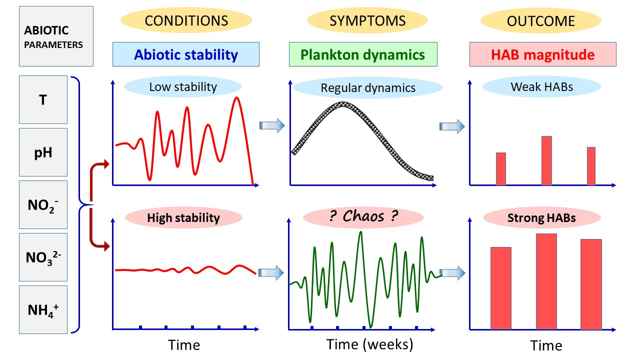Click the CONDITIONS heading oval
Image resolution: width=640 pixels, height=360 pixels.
(x=186, y=20)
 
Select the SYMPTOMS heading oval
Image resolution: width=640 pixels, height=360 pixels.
(x=367, y=20)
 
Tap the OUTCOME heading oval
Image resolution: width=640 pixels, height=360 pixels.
(x=541, y=20)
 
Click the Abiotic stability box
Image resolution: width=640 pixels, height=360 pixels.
(x=186, y=54)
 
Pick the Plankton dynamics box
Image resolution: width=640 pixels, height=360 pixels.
(x=363, y=54)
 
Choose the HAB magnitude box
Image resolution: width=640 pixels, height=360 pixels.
(x=543, y=54)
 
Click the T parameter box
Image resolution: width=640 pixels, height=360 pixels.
(x=43, y=99)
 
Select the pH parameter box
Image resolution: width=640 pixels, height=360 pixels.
(x=43, y=152)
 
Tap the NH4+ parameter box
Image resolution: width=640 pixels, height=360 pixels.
(x=43, y=309)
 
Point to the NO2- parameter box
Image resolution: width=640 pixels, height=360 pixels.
(x=43, y=204)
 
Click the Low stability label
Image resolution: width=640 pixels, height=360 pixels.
(x=183, y=87)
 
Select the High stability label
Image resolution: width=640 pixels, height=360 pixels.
(x=183, y=217)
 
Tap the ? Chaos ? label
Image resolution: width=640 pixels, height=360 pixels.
(x=363, y=216)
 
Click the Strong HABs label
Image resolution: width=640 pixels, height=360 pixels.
(x=541, y=217)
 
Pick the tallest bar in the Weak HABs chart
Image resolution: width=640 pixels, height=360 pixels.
(x=546, y=160)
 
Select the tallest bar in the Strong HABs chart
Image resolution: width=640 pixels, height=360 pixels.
(x=546, y=281)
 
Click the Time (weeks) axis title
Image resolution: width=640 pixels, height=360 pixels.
(x=369, y=344)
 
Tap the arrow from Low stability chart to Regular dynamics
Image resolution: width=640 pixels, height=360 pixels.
(x=272, y=125)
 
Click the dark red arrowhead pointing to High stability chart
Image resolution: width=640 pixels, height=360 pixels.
(x=106, y=246)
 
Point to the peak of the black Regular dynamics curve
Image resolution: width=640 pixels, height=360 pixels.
(x=343, y=104)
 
